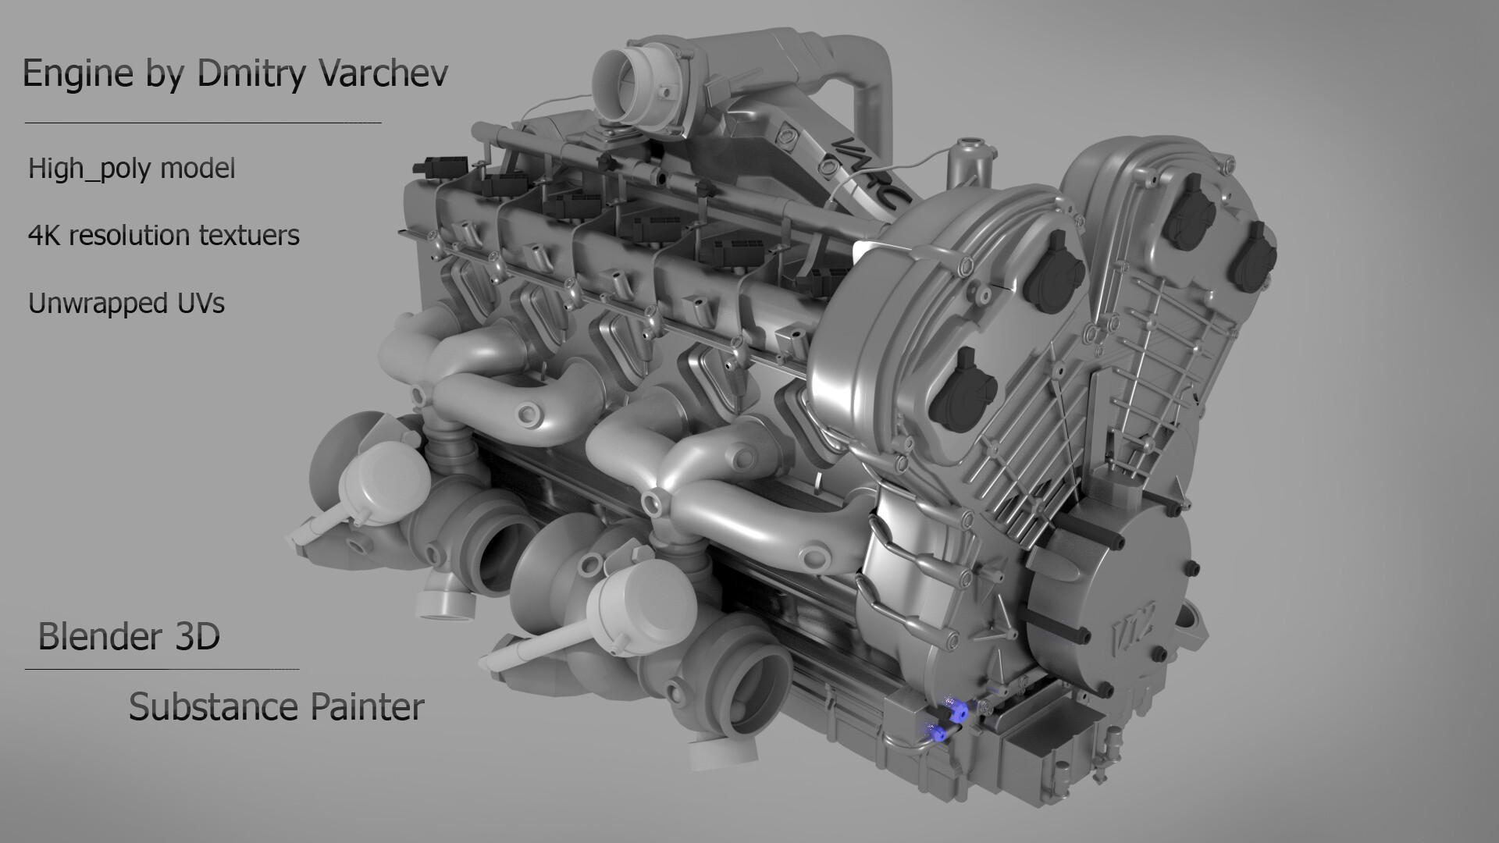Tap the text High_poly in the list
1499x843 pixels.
pyautogui.click(x=87, y=169)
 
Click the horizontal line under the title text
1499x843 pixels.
pyautogui.click(x=203, y=123)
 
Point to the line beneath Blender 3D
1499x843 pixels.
pyautogui.click(x=162, y=669)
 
